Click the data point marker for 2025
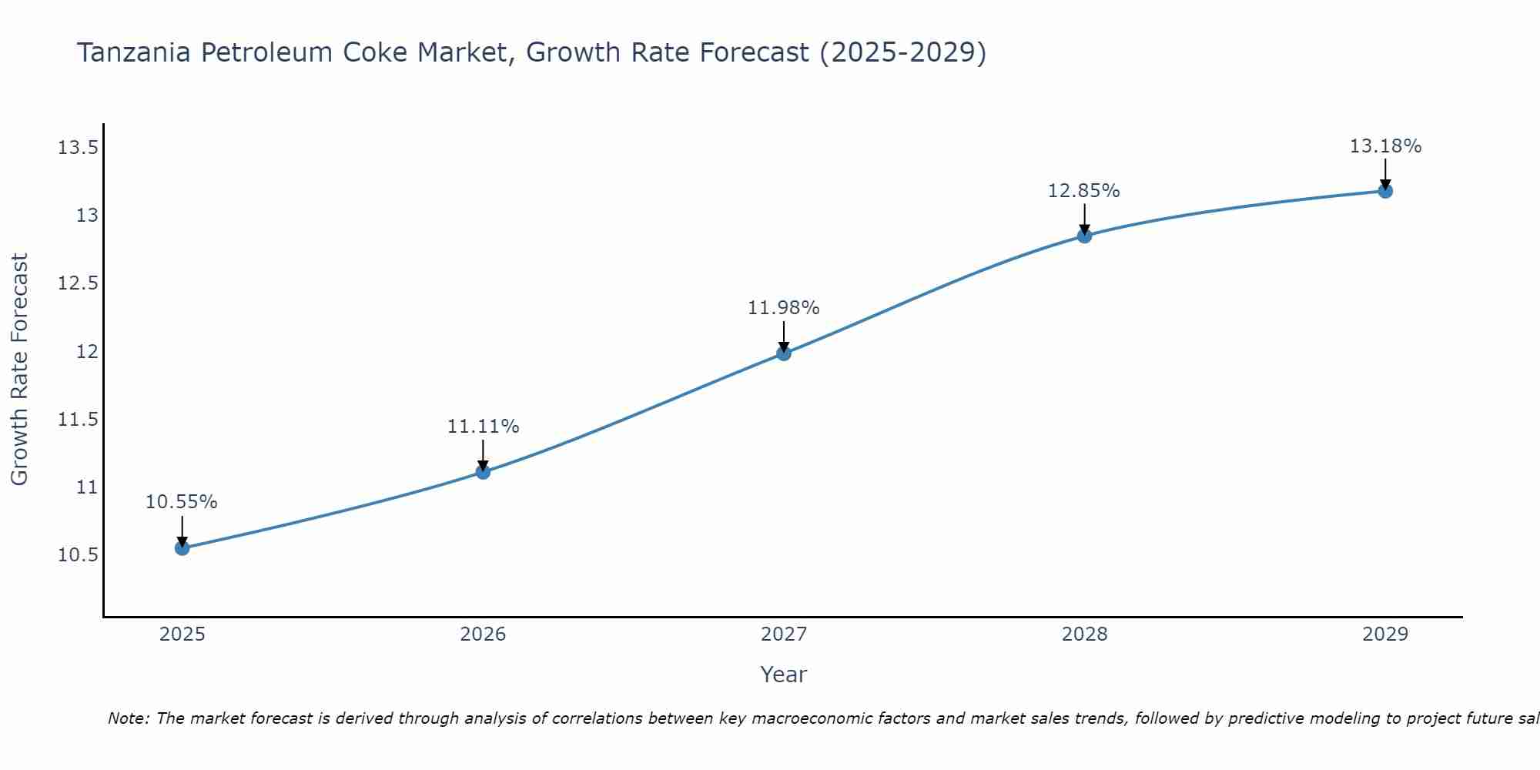[182, 548]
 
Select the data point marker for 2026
[483, 472]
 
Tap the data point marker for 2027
[784, 353]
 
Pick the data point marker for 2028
[1084, 236]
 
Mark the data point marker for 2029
[1385, 191]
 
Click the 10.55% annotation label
[182, 502]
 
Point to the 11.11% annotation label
[483, 427]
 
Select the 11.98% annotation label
[784, 308]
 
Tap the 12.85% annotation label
[1084, 191]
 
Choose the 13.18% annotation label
[1385, 146]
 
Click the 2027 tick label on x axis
[784, 634]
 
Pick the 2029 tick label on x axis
[1385, 634]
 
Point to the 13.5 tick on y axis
[78, 148]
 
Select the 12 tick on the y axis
[87, 352]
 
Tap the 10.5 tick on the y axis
[78, 556]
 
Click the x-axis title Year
[784, 675]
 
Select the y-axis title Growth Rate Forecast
[20, 370]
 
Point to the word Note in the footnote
[128, 718]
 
